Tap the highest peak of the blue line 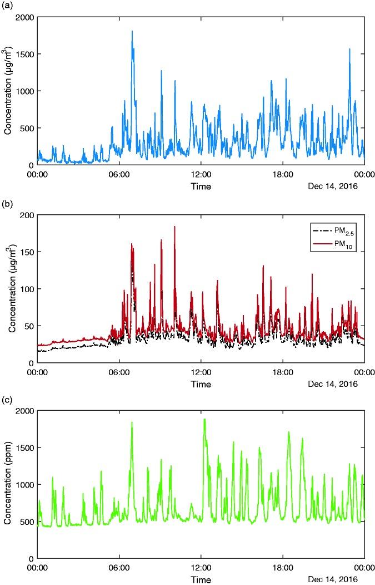[x=132, y=32]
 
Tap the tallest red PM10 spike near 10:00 [x=174, y=227]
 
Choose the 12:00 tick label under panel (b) [x=201, y=372]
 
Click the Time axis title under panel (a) [x=201, y=186]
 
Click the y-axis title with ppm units [x=8, y=484]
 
